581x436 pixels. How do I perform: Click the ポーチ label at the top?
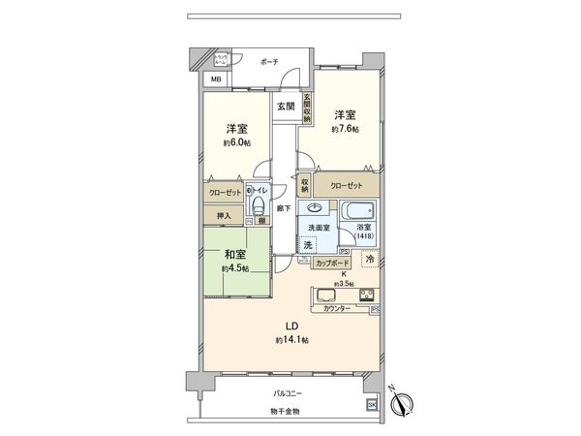coord(268,62)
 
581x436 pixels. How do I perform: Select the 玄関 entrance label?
coord(285,105)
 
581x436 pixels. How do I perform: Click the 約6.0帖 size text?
coord(235,143)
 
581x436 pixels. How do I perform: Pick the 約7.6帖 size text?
coord(344,129)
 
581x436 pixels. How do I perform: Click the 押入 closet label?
coord(223,215)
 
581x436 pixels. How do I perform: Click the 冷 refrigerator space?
coord(370,259)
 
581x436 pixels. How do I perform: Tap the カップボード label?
coord(332,264)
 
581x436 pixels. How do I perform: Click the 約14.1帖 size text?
coord(290,340)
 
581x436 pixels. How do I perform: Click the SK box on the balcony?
coord(370,405)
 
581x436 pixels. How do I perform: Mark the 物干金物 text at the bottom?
coord(286,412)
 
